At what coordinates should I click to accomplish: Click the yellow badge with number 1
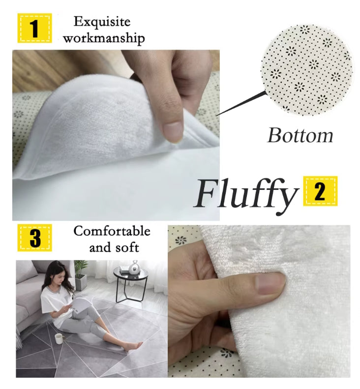point(35,28)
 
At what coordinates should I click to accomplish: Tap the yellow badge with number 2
point(320,191)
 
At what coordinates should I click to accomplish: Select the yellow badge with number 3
point(35,238)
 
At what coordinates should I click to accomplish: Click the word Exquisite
point(102,22)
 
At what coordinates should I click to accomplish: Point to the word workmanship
point(104,38)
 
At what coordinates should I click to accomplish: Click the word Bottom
point(300,135)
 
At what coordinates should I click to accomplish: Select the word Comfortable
point(112,231)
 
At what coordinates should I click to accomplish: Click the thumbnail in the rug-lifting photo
point(174,130)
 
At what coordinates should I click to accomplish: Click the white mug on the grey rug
point(60,338)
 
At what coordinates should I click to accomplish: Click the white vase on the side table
point(134,268)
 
